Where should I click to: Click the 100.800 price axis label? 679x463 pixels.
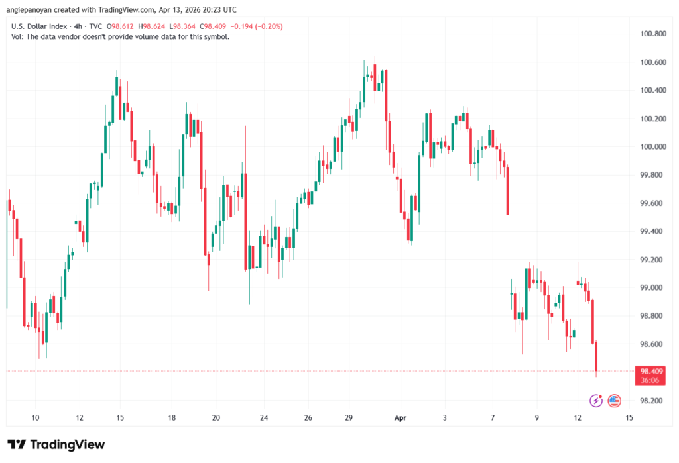click(x=649, y=33)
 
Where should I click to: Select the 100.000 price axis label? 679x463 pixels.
click(x=649, y=146)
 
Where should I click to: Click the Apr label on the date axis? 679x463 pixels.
click(x=400, y=418)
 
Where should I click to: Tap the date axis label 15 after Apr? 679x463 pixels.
click(x=629, y=418)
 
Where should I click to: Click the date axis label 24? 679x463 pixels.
click(x=263, y=418)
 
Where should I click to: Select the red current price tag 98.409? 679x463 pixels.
click(x=649, y=371)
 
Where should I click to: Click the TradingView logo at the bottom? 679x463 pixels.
click(x=56, y=444)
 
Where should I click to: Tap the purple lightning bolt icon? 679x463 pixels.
click(x=596, y=400)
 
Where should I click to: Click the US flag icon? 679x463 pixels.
click(x=614, y=400)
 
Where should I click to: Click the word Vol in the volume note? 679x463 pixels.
click(x=17, y=37)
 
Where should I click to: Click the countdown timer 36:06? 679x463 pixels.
click(x=649, y=380)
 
